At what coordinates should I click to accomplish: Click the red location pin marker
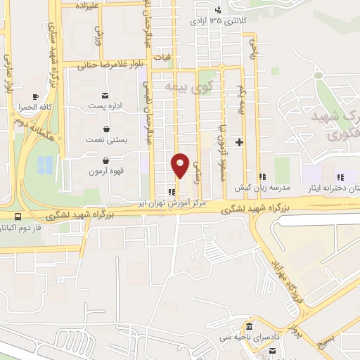point(181,165)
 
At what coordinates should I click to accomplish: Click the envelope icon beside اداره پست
point(105,95)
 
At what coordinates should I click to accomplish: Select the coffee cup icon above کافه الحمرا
point(35,96)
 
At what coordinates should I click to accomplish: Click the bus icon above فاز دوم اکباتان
point(16,218)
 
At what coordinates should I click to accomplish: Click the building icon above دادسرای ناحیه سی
point(250,327)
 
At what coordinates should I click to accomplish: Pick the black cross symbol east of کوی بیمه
point(240,143)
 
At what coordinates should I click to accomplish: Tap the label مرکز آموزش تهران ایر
point(203,202)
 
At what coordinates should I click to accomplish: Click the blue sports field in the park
point(44,165)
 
